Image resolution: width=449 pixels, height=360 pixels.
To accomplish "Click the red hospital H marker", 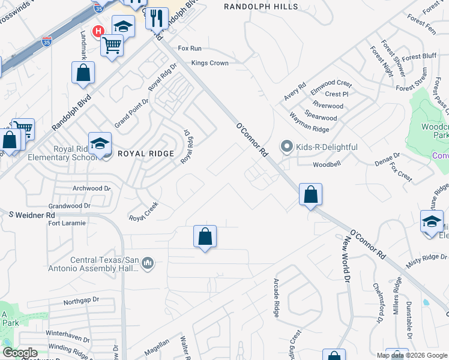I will click(96, 31).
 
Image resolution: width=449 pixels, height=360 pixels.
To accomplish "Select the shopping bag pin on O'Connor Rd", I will click(310, 195).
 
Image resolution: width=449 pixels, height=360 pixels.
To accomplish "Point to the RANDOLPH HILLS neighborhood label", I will click(261, 7).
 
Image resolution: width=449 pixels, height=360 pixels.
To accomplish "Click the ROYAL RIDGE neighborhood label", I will click(141, 154).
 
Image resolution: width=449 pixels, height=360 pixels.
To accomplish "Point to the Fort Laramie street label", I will click(67, 223).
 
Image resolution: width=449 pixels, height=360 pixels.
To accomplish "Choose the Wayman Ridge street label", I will click(309, 122).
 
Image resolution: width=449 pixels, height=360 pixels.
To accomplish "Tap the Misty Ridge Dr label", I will click(427, 257).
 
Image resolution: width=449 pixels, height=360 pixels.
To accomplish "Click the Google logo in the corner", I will click(20, 353).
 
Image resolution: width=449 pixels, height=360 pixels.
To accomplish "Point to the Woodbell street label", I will click(327, 164).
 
